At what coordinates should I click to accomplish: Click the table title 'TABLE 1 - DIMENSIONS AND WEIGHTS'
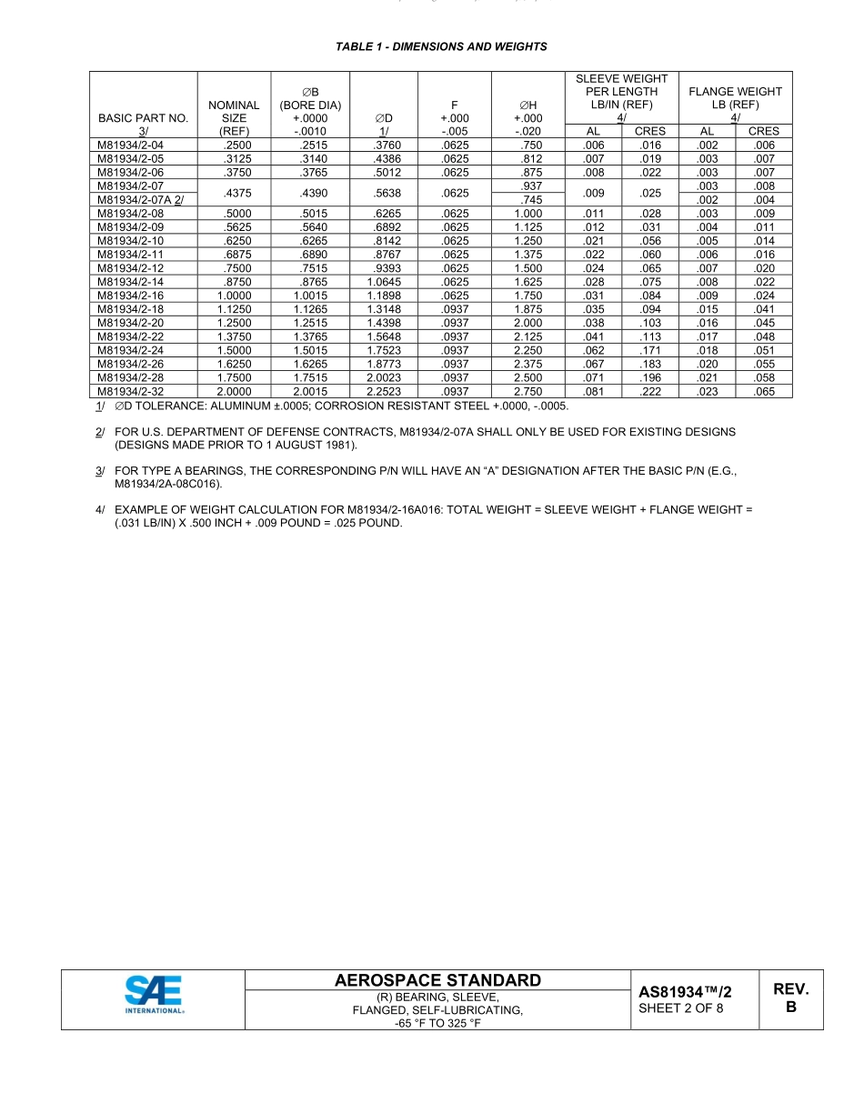441,46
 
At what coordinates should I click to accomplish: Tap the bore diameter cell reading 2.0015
309,392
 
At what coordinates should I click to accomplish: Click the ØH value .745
528,200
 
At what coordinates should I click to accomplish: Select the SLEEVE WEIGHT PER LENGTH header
621,92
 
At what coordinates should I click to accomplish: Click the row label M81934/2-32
131,392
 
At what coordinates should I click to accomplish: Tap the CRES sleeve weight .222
649,392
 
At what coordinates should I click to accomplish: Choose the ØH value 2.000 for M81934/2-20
527,324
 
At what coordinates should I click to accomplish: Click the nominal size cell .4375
234,193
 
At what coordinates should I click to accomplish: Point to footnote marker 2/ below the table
99,433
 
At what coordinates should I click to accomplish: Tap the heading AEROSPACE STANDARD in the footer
437,980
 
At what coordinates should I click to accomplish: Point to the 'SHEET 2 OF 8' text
680,1008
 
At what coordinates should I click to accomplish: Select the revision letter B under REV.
790,1008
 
